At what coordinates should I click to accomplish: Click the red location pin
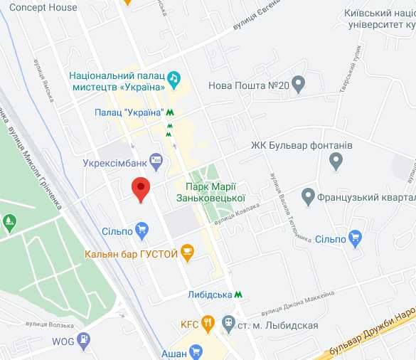pyautogui.click(x=142, y=189)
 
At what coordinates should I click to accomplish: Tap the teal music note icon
pyautogui.click(x=175, y=76)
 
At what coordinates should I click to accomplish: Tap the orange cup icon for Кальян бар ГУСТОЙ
pyautogui.click(x=188, y=251)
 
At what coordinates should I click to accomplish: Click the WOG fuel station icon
pyautogui.click(x=85, y=339)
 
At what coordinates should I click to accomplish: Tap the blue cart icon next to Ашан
pyautogui.click(x=196, y=351)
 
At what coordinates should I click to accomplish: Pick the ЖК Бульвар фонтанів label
pyautogui.click(x=302, y=146)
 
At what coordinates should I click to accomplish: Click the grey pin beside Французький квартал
pyautogui.click(x=308, y=195)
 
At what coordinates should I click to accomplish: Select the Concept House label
pyautogui.click(x=43, y=7)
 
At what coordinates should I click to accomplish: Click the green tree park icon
pyautogui.click(x=9, y=223)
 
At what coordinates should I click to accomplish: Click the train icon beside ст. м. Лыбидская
pyautogui.click(x=228, y=324)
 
